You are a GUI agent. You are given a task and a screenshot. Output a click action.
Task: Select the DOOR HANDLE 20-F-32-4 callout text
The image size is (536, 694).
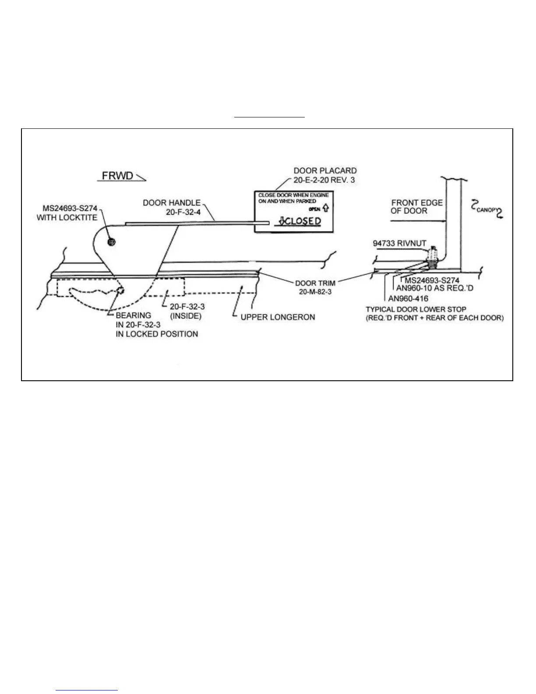pyautogui.click(x=172, y=207)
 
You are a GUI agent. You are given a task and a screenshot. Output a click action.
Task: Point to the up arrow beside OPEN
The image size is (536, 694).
pyautogui.click(x=325, y=209)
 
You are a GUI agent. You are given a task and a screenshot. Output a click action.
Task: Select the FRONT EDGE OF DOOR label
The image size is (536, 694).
pyautogui.click(x=416, y=206)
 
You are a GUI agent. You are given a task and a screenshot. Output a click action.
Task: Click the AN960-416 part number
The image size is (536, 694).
pyautogui.click(x=408, y=299)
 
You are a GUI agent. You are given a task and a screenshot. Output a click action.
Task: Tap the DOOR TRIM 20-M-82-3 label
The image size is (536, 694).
pyautogui.click(x=315, y=287)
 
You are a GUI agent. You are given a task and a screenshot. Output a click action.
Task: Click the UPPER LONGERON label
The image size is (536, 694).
pyautogui.click(x=278, y=317)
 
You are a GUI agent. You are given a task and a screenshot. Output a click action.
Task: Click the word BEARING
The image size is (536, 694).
pyautogui.click(x=133, y=315)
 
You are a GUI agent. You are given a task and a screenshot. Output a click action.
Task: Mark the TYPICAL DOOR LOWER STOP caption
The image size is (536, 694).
pyautogui.click(x=416, y=309)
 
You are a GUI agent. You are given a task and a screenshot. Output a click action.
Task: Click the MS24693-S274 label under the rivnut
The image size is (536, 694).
pyautogui.click(x=432, y=280)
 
